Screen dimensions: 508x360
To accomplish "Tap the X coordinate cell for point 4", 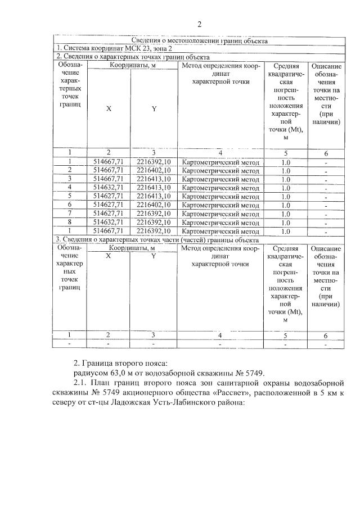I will click(x=109, y=187).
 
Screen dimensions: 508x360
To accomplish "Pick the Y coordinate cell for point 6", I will click(x=153, y=205).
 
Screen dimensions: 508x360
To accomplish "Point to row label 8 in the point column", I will click(x=69, y=222).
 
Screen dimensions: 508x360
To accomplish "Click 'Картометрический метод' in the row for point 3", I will click(x=220, y=179).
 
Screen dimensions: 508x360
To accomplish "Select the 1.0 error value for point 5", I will click(x=285, y=196).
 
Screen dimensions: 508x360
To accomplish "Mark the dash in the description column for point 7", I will click(x=326, y=214).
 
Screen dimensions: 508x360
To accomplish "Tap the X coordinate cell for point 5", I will click(x=109, y=196).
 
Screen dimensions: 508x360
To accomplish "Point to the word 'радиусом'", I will click(x=91, y=373).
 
